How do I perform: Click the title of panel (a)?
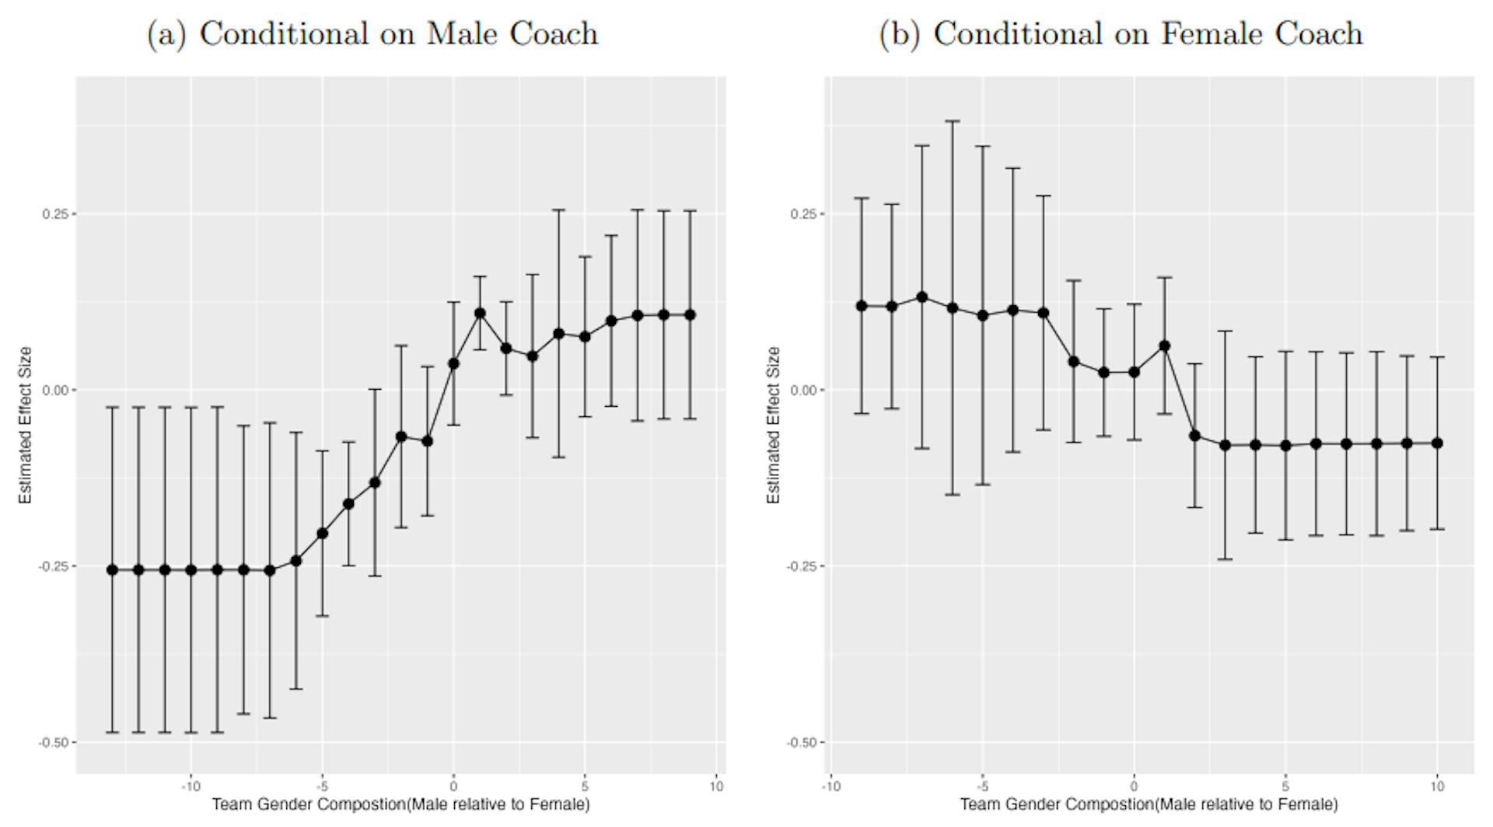click(x=372, y=33)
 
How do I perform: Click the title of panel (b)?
click(x=1121, y=33)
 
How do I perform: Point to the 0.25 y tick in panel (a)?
click(x=54, y=214)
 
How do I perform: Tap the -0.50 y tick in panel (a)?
click(x=53, y=743)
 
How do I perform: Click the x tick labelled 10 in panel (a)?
click(x=716, y=787)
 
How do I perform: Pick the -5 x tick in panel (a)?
click(x=322, y=787)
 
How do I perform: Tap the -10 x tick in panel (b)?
click(x=830, y=787)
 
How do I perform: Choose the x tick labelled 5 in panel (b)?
click(x=1285, y=787)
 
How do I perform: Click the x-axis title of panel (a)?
click(x=400, y=804)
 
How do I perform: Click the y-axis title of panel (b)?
click(x=773, y=425)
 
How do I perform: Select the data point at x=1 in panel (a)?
click(x=480, y=314)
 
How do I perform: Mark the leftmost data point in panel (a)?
click(x=112, y=570)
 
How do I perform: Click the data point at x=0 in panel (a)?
click(x=453, y=363)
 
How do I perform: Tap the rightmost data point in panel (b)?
click(x=1437, y=443)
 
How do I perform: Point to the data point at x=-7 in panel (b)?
click(x=922, y=297)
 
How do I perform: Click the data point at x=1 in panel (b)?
click(x=1164, y=346)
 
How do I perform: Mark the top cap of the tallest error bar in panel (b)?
click(x=953, y=121)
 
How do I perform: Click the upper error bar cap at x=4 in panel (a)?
click(x=558, y=210)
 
